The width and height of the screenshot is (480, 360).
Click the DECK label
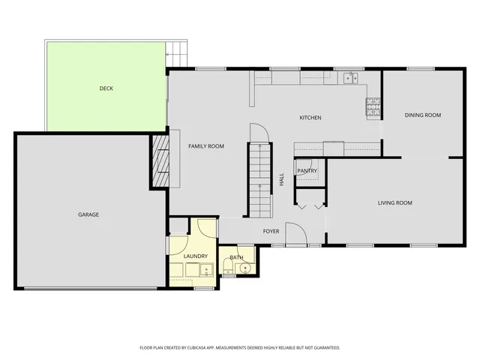106,88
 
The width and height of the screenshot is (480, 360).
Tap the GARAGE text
88,214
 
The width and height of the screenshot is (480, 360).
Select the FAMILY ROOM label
205,146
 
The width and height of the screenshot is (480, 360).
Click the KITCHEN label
310,118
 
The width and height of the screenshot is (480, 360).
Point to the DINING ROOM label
423,115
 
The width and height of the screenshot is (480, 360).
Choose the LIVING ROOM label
394,202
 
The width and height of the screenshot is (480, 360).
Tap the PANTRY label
307,171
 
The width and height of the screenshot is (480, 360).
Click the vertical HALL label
281,180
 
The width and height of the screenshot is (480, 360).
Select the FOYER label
271,231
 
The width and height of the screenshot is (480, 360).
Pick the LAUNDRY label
195,256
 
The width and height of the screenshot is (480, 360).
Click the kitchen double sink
349,77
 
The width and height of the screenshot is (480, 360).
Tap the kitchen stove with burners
373,106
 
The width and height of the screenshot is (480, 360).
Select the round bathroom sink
244,267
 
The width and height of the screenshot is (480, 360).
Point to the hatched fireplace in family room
159,161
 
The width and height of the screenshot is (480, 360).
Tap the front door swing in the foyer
294,233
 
